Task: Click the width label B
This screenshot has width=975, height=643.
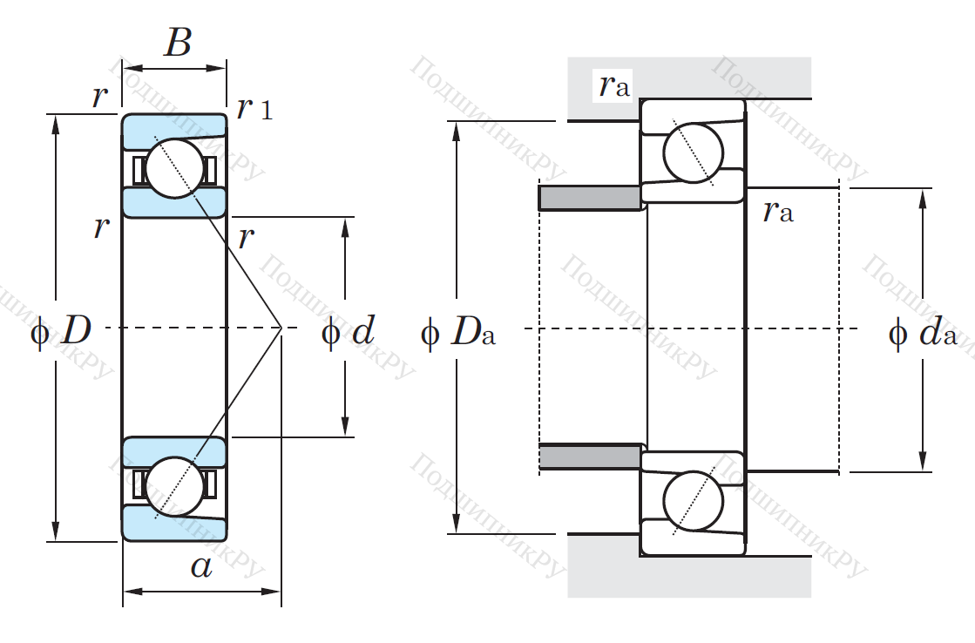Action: click(177, 42)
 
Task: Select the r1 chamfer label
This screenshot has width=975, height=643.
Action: click(254, 108)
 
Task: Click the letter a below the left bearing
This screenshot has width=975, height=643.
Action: click(201, 566)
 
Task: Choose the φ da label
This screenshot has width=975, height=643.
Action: click(923, 334)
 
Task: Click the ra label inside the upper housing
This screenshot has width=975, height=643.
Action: click(613, 85)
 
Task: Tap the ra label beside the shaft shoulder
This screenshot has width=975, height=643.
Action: click(777, 212)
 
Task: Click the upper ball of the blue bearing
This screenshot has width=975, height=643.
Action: click(173, 168)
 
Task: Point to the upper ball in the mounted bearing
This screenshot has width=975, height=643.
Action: click(693, 153)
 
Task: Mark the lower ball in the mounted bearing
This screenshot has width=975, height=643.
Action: click(693, 501)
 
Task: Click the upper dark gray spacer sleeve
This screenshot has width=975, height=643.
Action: click(590, 198)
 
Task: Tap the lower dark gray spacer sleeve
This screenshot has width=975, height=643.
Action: click(590, 457)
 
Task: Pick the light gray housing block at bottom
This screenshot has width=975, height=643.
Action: click(688, 576)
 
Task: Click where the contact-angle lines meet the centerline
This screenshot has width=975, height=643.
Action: click(281, 328)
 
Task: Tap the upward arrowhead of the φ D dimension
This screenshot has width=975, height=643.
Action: click(56, 123)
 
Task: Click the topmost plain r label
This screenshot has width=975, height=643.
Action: click(100, 98)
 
